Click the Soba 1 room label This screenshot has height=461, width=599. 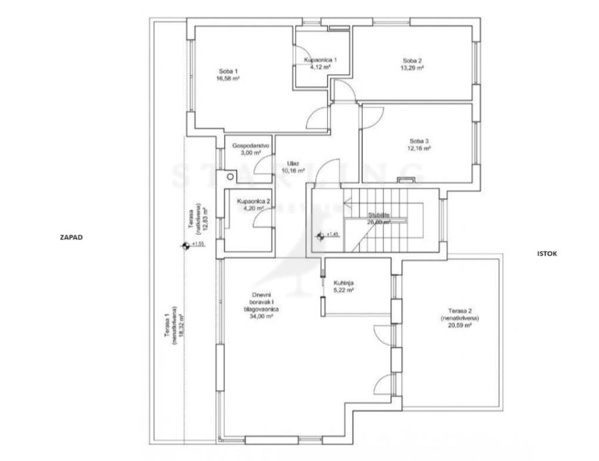pos(228,71)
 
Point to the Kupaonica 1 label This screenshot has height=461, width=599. pos(320,60)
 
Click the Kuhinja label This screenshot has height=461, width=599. pos(343,283)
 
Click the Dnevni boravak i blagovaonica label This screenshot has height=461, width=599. pos(261,301)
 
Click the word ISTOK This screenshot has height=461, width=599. pos(546,254)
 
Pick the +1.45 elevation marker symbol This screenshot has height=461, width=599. pos(321,235)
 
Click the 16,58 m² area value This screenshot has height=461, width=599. pos(228,78)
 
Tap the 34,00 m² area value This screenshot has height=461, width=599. pos(261,317)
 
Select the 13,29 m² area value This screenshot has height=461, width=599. pos(411,68)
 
